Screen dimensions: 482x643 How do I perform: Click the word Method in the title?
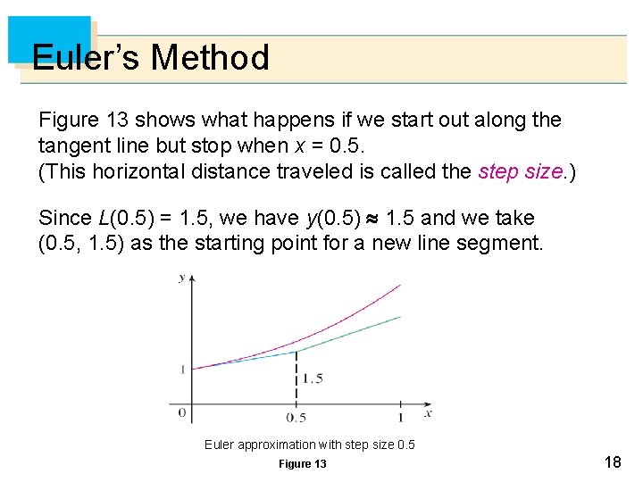(x=210, y=58)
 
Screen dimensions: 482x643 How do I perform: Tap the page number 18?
(x=613, y=461)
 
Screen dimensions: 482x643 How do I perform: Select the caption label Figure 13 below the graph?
(x=303, y=464)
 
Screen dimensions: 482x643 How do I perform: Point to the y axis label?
(x=182, y=278)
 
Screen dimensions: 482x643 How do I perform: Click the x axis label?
(x=428, y=412)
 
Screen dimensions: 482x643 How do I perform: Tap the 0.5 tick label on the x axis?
(x=296, y=418)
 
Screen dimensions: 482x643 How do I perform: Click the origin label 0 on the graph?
(x=181, y=412)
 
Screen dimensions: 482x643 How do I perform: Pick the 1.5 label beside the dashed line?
(x=312, y=378)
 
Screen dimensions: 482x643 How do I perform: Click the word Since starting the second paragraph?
(x=65, y=219)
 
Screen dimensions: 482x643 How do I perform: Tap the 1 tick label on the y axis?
(x=182, y=368)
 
